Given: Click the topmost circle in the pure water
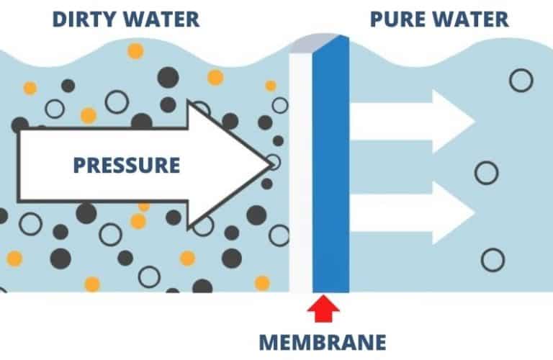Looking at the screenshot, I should click(521, 81).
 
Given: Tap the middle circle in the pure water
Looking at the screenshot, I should click(487, 172).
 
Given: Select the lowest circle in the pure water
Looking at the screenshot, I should click(493, 259).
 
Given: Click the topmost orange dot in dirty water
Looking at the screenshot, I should click(135, 50).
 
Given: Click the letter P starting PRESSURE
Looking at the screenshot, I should click(78, 165).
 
